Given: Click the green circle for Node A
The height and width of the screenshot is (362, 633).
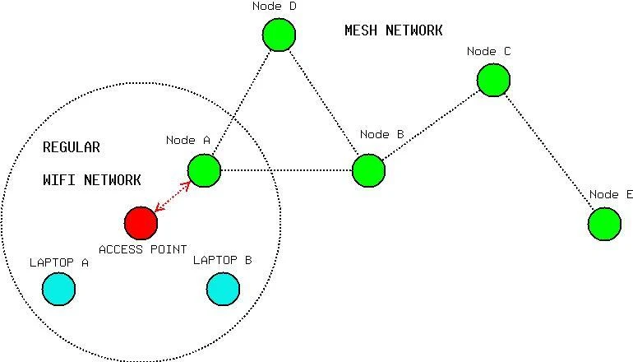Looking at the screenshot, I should [204, 170].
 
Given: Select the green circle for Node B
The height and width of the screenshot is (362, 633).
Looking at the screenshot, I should [368, 170].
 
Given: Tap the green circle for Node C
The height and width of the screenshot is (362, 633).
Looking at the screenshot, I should [493, 80].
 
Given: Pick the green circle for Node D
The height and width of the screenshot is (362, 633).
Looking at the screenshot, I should [279, 35].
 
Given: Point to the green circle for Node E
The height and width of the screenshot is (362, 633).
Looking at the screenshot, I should [604, 224].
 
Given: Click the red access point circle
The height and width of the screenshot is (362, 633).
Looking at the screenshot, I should [141, 222].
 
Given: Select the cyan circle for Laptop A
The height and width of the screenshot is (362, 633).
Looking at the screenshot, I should [59, 289].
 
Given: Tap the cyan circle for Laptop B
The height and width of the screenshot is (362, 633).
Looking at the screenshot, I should [223, 289].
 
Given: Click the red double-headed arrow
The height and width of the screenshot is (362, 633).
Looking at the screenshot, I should [173, 196].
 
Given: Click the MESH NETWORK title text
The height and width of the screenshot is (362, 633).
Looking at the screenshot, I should [393, 30].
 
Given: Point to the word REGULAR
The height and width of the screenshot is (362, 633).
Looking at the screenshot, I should [71, 147].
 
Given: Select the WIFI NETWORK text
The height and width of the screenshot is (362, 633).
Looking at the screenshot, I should [91, 179].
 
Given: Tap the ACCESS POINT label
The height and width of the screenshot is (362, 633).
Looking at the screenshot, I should [142, 248].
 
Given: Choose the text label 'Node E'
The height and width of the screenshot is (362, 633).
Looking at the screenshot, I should [611, 194].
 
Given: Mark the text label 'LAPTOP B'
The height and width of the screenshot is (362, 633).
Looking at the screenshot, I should [222, 260].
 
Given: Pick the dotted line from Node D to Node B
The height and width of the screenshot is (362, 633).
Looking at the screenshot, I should [323, 102].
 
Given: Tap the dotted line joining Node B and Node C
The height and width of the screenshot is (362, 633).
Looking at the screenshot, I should [431, 125].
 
